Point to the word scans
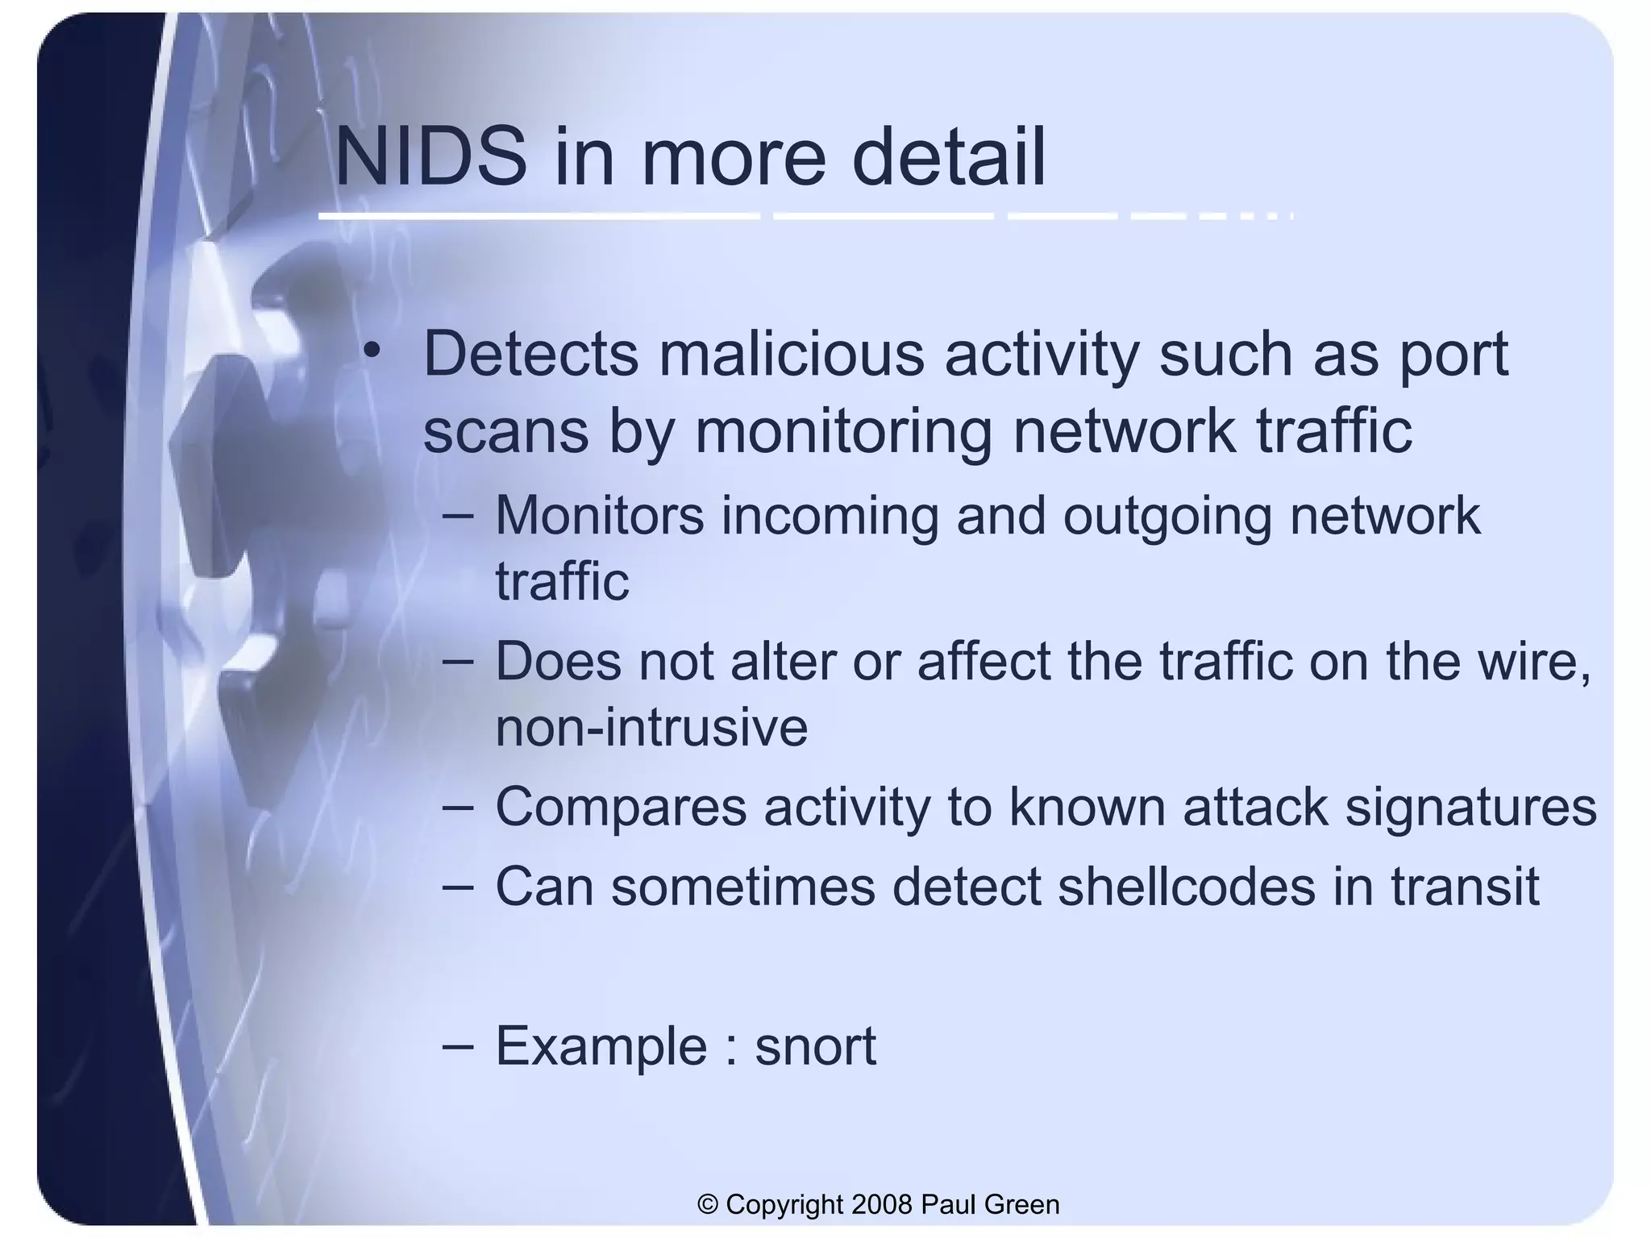(x=505, y=432)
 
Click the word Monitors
(x=599, y=516)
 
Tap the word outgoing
(x=1167, y=517)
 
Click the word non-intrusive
(x=651, y=727)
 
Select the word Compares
(x=621, y=808)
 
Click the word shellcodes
(x=1186, y=887)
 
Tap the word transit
(x=1465, y=887)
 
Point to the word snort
(x=815, y=1046)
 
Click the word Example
(x=601, y=1048)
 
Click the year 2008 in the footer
(x=881, y=1204)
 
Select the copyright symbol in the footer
(x=708, y=1204)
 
